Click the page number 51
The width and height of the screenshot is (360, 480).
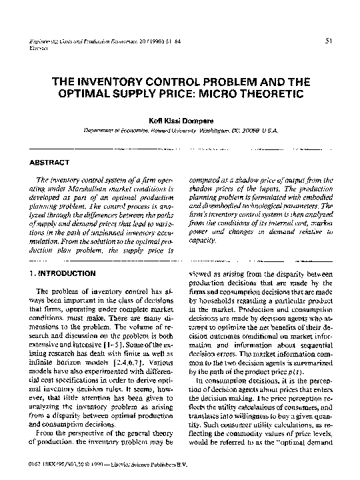[329, 41]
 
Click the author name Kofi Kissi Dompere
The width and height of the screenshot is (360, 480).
[180, 121]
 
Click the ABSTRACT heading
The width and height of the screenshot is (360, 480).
[51, 162]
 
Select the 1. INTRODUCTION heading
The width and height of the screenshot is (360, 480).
[64, 273]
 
